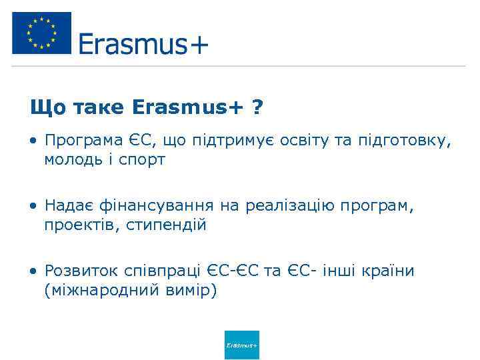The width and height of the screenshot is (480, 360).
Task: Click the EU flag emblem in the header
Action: (x=41, y=33)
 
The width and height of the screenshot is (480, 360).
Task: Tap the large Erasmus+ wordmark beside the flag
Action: (x=143, y=44)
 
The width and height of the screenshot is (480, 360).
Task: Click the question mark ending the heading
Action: (x=257, y=107)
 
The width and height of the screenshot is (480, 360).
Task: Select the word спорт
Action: (x=141, y=160)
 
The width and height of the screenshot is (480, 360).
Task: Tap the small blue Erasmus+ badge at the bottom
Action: (x=241, y=345)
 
